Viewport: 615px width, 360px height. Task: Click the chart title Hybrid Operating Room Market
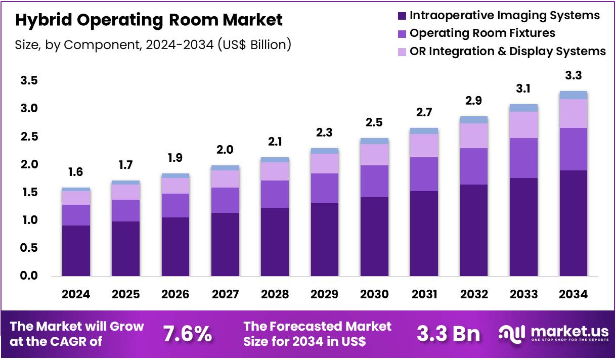[149, 21]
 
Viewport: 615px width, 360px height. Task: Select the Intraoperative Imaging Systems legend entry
[504, 16]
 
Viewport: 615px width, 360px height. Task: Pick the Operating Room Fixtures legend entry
[482, 33]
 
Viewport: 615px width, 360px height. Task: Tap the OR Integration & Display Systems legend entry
[507, 51]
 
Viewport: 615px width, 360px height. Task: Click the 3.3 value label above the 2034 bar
[573, 76]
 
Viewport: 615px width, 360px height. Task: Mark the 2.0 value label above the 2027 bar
[225, 150]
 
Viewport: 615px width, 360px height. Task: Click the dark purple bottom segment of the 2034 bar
[573, 222]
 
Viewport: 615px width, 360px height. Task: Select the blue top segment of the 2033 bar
[523, 108]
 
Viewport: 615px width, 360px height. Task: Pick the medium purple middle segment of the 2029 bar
[324, 188]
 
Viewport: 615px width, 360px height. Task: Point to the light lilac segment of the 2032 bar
[474, 136]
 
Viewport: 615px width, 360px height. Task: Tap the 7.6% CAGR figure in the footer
[187, 334]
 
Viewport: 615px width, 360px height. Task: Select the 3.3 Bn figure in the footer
[449, 334]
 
